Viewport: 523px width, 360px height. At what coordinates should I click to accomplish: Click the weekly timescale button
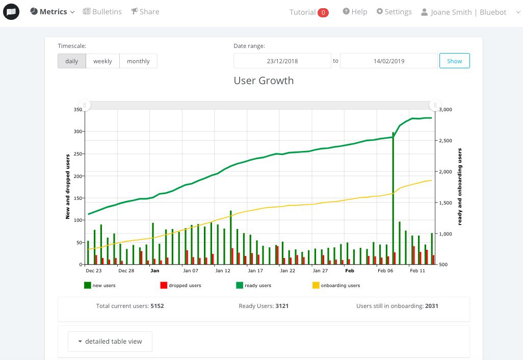click(x=102, y=61)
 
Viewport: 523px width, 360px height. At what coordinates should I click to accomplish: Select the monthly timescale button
click(x=138, y=61)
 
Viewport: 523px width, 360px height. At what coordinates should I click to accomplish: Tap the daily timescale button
click(x=72, y=61)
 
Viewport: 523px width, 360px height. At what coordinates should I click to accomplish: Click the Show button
click(x=454, y=61)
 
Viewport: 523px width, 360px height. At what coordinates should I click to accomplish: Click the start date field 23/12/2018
click(x=282, y=61)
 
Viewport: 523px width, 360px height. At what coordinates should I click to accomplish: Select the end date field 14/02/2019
click(x=389, y=61)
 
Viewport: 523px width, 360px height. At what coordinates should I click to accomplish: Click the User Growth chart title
click(x=264, y=81)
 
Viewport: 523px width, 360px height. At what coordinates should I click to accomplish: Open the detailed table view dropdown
click(x=110, y=341)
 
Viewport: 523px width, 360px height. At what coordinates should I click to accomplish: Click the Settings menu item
click(x=394, y=12)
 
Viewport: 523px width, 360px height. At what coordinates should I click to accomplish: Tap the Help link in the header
click(x=355, y=12)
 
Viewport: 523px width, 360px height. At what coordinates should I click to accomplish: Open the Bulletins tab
click(x=102, y=12)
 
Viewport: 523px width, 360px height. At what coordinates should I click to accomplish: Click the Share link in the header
click(x=145, y=12)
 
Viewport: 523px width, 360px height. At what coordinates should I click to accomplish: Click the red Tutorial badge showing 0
click(x=323, y=12)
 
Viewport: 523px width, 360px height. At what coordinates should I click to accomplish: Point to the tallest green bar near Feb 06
click(x=393, y=198)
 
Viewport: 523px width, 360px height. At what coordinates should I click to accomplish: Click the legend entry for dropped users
click(x=181, y=285)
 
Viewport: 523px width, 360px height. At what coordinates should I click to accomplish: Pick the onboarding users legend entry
click(x=336, y=285)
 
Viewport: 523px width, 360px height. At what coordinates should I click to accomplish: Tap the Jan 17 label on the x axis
click(x=255, y=271)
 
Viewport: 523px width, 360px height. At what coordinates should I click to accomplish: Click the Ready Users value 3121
click(x=282, y=306)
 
